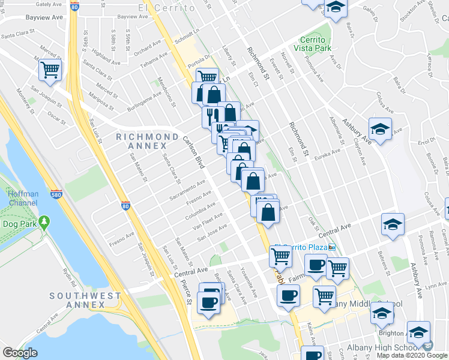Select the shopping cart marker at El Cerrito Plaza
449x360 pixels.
[280, 256]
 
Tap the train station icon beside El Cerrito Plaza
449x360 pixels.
[331, 247]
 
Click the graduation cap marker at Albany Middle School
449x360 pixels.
[382, 313]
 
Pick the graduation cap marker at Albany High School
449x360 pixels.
[418, 332]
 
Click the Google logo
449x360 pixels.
[20, 353]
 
